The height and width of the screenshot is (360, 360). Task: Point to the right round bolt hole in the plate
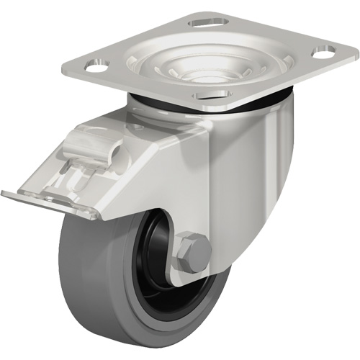point(324,53)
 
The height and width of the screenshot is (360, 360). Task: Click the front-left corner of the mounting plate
point(76,68)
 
